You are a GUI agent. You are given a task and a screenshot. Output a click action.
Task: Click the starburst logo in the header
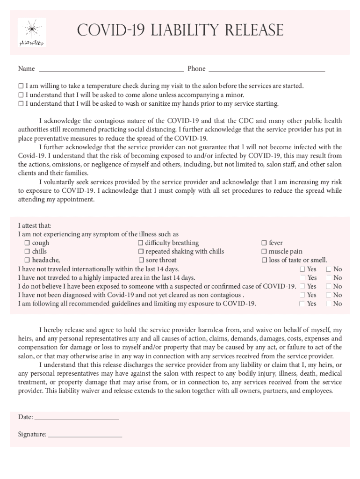click(x=32, y=33)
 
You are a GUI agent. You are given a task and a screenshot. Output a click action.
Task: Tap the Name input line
click(x=111, y=69)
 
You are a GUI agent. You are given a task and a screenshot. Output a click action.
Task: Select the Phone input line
click(x=266, y=69)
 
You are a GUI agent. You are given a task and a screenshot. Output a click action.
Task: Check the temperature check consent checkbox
click(x=21, y=86)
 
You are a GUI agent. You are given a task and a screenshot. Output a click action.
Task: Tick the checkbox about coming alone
click(x=21, y=95)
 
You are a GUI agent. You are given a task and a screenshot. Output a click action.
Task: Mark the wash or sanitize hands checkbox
click(x=21, y=104)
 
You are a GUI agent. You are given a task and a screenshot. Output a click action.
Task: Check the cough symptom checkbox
click(x=27, y=243)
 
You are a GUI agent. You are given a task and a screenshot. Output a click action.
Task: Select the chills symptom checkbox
click(x=27, y=252)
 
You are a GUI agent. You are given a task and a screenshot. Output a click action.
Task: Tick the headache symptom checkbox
click(x=27, y=261)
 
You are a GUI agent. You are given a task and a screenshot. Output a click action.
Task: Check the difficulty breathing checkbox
click(x=140, y=243)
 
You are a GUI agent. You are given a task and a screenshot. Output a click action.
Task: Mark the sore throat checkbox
click(x=141, y=261)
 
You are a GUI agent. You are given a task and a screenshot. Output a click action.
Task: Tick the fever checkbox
click(x=264, y=243)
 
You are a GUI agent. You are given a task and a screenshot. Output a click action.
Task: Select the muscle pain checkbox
click(x=264, y=252)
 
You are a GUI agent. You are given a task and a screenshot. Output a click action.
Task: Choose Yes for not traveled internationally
click(x=302, y=269)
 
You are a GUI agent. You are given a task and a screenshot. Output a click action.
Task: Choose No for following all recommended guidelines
click(x=328, y=304)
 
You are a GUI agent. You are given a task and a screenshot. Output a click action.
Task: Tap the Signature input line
click(x=85, y=435)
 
